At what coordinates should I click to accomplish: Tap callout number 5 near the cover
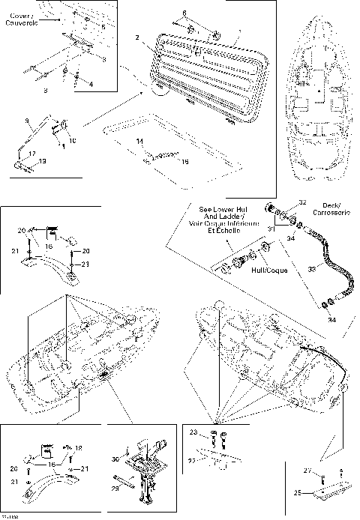coord(103,27)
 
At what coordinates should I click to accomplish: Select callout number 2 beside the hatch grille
coord(137,37)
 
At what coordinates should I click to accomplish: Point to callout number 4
coord(91,84)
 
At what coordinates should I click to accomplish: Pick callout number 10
coord(73,140)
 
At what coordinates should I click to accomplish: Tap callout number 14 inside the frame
coord(139,142)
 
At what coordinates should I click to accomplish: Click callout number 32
coord(302,202)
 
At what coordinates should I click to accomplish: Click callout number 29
coord(115,488)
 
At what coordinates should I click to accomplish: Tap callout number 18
coord(79,448)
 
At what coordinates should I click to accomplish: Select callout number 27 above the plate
coord(306,471)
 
